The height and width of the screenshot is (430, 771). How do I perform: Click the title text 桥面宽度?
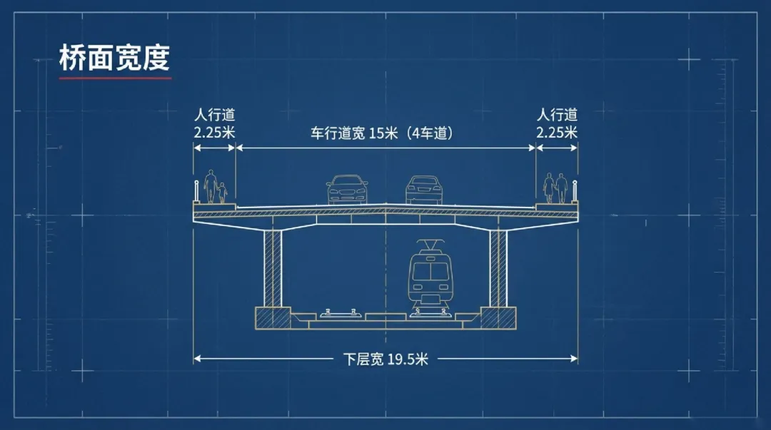114,58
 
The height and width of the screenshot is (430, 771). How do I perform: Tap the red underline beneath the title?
115,78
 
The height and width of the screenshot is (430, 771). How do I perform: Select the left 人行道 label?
214,115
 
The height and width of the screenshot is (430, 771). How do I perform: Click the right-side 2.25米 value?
558,132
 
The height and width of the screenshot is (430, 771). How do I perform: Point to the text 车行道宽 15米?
353,133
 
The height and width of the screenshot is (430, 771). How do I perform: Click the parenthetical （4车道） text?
425,133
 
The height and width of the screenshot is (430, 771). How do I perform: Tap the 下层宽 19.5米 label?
385,359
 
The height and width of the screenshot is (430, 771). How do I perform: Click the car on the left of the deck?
347,190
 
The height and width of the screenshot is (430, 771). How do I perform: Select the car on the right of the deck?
425,190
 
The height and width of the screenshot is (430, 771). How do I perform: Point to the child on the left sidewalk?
222,193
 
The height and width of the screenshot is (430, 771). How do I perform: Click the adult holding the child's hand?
211,186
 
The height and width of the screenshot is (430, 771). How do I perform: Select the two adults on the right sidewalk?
555,188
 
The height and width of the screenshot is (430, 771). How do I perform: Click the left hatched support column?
273,267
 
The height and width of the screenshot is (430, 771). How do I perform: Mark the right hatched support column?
498,267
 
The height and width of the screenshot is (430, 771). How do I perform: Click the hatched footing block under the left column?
273,317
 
